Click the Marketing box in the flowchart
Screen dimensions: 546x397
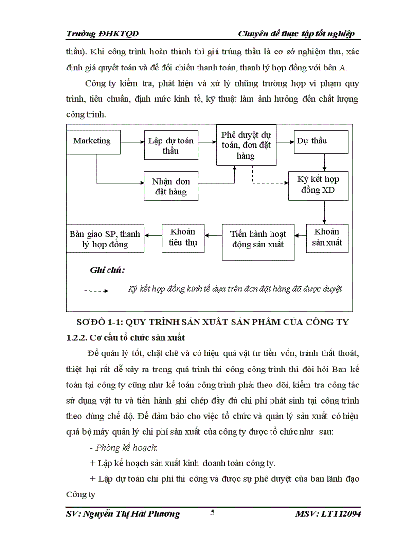click(92, 141)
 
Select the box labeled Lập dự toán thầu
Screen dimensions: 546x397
click(171, 145)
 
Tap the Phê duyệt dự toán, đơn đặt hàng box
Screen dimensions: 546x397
click(247, 144)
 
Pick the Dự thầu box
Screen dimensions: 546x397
click(320, 141)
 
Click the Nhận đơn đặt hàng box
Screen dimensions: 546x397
click(171, 186)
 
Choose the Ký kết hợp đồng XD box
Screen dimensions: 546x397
click(318, 185)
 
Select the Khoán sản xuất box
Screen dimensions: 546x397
click(327, 237)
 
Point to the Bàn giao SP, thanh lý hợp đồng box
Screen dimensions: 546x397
click(105, 238)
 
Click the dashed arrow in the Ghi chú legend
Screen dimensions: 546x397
click(96, 291)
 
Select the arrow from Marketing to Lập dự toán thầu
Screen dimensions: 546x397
click(132, 142)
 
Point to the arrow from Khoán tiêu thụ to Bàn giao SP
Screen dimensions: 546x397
click(153, 235)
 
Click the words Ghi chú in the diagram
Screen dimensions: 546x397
click(107, 270)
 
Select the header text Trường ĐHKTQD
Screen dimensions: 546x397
click(102, 33)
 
